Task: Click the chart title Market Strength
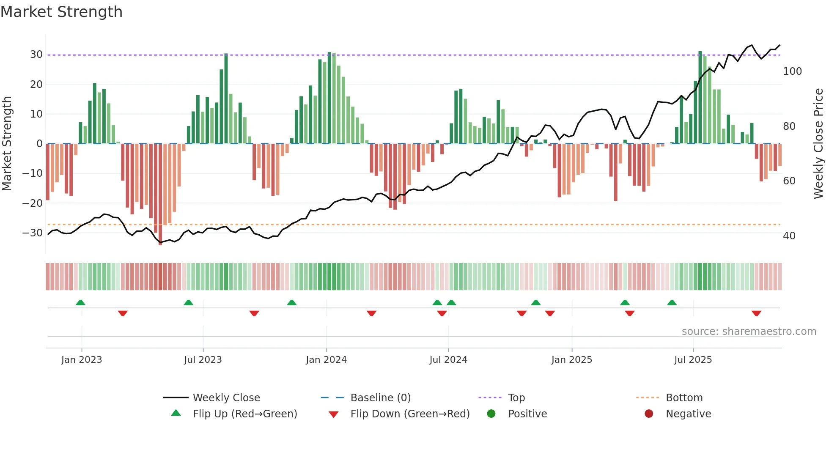pyautogui.click(x=61, y=12)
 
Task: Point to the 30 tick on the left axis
pyautogui.click(x=36, y=55)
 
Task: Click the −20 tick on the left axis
pyautogui.click(x=33, y=203)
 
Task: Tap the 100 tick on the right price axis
pyautogui.click(x=792, y=71)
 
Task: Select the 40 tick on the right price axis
pyautogui.click(x=789, y=236)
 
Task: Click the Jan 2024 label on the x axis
pyautogui.click(x=326, y=360)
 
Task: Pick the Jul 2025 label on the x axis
pyautogui.click(x=693, y=360)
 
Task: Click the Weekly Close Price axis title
pyautogui.click(x=818, y=144)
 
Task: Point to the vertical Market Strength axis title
pyautogui.click(x=7, y=144)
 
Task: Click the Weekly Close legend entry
pyautogui.click(x=226, y=398)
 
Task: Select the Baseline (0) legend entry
pyautogui.click(x=380, y=398)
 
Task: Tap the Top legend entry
pyautogui.click(x=516, y=398)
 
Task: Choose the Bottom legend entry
pyautogui.click(x=684, y=398)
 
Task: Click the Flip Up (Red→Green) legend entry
pyautogui.click(x=244, y=414)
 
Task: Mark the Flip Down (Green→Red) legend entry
pyautogui.click(x=409, y=414)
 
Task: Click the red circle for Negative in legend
pyautogui.click(x=649, y=414)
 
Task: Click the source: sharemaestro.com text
pyautogui.click(x=749, y=332)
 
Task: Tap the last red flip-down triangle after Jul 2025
pyautogui.click(x=756, y=313)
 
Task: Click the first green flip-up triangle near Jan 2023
pyautogui.click(x=80, y=302)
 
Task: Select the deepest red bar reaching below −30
pyautogui.click(x=160, y=195)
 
